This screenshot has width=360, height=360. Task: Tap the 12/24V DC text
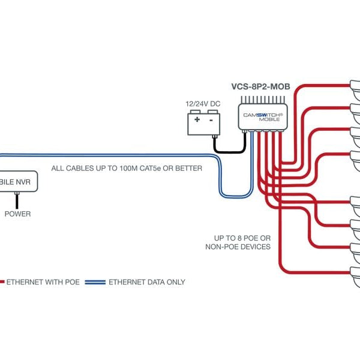click(202, 103)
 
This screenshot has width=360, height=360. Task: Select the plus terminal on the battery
click(197, 119)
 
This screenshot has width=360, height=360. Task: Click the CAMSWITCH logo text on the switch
click(262, 114)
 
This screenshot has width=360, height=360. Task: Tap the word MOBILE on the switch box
click(270, 119)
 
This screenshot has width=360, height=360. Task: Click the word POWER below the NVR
click(18, 214)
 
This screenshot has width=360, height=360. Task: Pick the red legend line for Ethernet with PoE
click(2, 281)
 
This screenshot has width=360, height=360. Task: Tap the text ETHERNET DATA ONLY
click(147, 282)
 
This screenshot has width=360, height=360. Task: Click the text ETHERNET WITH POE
click(42, 282)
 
